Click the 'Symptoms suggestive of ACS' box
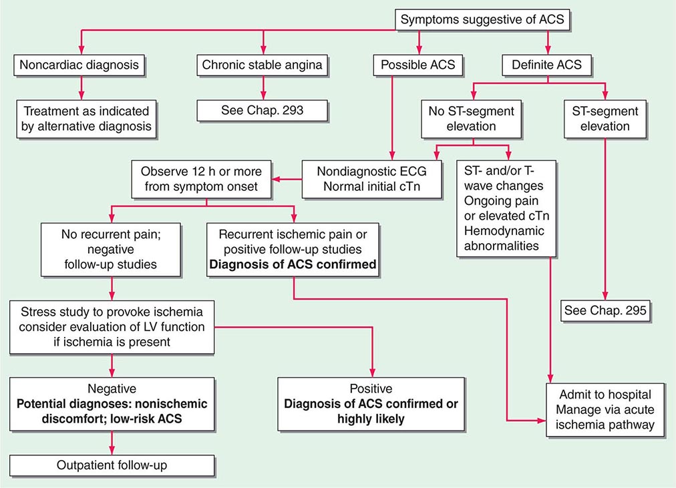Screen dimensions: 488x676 [x=482, y=19]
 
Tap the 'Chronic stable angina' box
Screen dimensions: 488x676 [x=262, y=65]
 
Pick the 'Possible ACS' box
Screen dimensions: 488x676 [x=419, y=65]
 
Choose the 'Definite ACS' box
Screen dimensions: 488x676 [x=546, y=65]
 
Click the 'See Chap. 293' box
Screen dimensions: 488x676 [x=262, y=110]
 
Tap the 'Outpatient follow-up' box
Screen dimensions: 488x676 [x=112, y=465]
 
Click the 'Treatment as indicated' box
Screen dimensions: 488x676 [x=86, y=118]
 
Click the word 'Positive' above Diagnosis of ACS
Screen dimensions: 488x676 [x=371, y=389]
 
